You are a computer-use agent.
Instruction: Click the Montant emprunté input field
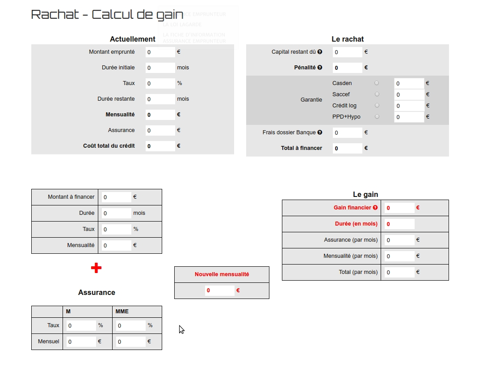coord(160,52)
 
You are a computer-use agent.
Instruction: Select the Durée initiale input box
coord(160,68)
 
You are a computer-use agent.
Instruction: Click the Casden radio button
coord(377,83)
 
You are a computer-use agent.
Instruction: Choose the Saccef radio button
coord(377,94)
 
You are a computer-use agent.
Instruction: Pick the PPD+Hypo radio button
coord(377,117)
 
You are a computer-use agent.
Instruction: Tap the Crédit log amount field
coord(408,106)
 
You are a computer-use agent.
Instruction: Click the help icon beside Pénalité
coord(320,68)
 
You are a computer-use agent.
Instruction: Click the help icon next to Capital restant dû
coord(320,52)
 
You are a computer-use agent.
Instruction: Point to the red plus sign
coord(96,268)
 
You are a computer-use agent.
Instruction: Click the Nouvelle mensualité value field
coord(219,290)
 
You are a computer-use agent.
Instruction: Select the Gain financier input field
coord(399,208)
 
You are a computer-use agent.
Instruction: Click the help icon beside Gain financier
coord(375,208)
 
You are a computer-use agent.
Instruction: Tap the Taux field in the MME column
coord(131,325)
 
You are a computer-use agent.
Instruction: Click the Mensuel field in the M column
coord(81,342)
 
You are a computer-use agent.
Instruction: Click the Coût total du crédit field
coord(160,146)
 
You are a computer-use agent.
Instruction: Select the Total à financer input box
coord(347,148)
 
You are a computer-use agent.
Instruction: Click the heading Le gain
coord(365,194)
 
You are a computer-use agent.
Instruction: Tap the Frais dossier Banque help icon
coord(320,132)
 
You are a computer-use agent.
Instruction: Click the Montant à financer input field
coord(116,197)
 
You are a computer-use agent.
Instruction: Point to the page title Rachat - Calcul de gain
coord(107,14)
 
